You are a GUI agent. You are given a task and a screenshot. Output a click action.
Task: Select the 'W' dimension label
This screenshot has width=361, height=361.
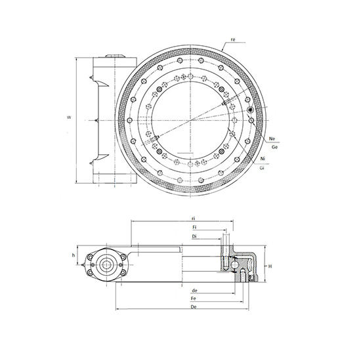pos(70,117)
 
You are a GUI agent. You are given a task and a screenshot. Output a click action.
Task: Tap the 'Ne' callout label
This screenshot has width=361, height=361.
pos(272,139)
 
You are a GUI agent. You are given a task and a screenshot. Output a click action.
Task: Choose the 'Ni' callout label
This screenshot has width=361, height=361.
pos(263,159)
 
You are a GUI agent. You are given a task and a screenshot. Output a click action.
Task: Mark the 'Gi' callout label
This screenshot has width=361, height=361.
pos(263,169)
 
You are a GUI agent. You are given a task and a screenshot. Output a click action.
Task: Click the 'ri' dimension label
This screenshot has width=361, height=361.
pos(194,218)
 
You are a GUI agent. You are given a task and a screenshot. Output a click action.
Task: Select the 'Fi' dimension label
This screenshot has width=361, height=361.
pos(195,226)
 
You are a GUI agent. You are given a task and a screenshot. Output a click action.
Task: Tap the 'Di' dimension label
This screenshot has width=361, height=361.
pos(195,236)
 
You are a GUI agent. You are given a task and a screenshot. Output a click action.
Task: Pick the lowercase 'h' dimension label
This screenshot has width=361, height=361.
pos(73,255)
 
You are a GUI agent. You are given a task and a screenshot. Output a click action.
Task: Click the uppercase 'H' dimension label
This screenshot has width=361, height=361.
pos(270,266)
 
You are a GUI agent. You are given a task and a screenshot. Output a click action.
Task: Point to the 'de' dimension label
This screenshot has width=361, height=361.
pos(194,290)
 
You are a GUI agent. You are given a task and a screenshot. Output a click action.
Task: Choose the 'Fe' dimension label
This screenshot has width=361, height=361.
pos(194,298)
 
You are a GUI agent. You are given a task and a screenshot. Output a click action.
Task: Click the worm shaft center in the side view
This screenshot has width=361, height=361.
pos(105,265)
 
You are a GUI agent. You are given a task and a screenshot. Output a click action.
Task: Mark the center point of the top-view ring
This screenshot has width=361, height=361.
pos(191,117)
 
